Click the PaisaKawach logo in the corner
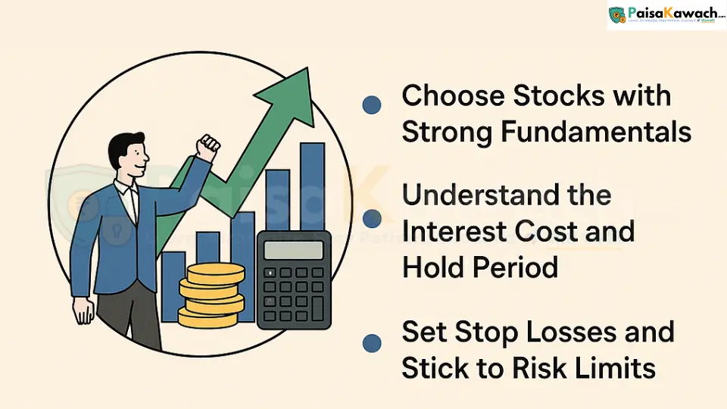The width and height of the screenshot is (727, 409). [666, 15]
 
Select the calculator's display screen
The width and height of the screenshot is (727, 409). [293, 250]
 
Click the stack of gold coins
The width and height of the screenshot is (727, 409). [211, 295]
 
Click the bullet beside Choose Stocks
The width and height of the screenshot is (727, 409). [371, 105]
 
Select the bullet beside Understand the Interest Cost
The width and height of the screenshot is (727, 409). [372, 219]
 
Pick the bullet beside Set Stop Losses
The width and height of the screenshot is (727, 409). [371, 343]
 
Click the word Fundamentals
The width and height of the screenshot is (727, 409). [597, 132]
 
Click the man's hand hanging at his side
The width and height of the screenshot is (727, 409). [83, 311]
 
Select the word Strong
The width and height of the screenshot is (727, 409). [447, 132]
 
